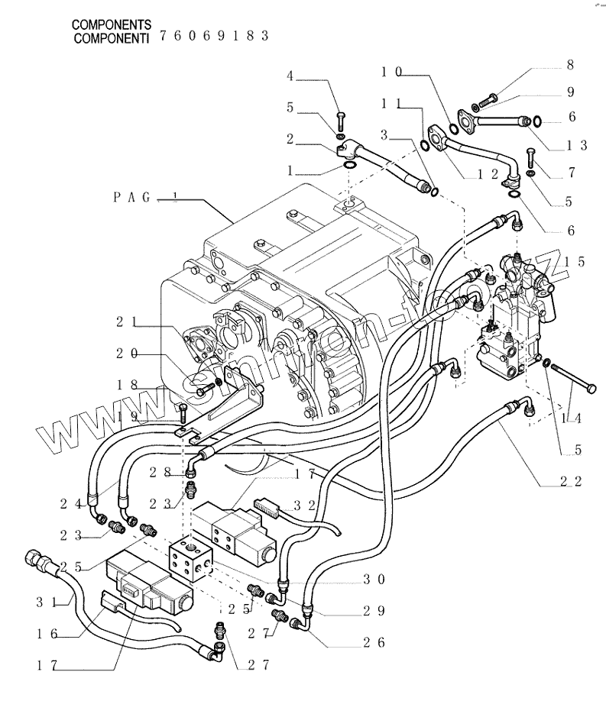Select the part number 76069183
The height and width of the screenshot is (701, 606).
pos(215,37)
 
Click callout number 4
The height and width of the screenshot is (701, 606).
pos(290,76)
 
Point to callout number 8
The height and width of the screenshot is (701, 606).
pos(569,66)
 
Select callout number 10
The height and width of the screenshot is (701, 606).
pos(391,72)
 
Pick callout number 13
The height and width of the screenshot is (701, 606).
pos(577,145)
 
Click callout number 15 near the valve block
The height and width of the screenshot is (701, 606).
pos(575,263)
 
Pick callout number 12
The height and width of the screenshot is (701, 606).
pos(484,174)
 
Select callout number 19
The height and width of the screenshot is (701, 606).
pos(125,417)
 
